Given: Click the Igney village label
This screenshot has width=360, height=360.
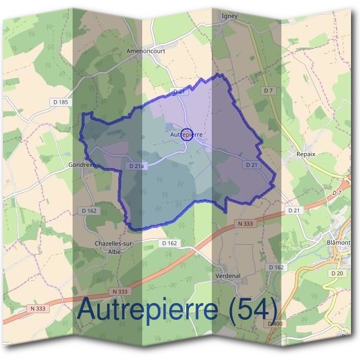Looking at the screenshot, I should tap(230, 16).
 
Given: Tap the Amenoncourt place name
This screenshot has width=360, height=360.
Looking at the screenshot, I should tap(146, 52).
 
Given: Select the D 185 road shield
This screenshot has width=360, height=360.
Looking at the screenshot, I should tap(60, 103).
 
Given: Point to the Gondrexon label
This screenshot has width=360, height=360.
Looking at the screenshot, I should tap(83, 164).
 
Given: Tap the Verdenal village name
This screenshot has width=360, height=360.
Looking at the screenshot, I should tap(227, 276).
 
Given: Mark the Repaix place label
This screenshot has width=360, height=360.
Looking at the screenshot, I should tap(306, 154).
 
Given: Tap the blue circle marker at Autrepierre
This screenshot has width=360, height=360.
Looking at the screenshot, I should tap(185, 134).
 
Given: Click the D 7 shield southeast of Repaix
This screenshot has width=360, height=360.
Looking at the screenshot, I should tap(336, 193).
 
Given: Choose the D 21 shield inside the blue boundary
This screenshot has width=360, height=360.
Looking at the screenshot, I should tap(251, 164).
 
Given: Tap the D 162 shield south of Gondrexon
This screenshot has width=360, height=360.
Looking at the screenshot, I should tap(88, 211).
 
